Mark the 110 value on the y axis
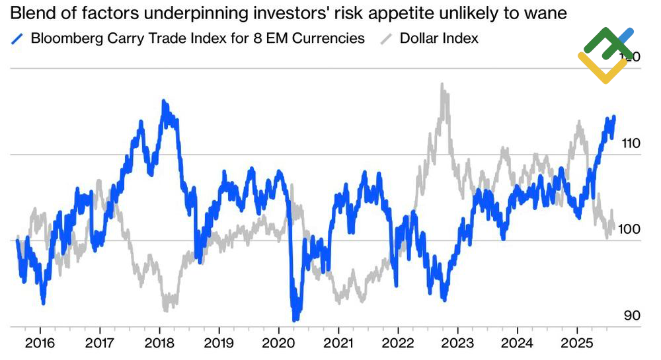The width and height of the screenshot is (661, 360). [x=632, y=143]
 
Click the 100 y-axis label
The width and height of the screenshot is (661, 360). [x=632, y=229]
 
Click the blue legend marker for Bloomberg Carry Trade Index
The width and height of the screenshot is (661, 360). [x=18, y=38]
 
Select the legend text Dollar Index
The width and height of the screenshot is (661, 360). [x=439, y=38]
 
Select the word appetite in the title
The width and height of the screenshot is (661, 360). [x=403, y=13]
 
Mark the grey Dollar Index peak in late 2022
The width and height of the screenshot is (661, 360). [x=442, y=85]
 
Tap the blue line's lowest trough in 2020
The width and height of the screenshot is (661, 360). [x=294, y=319]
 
